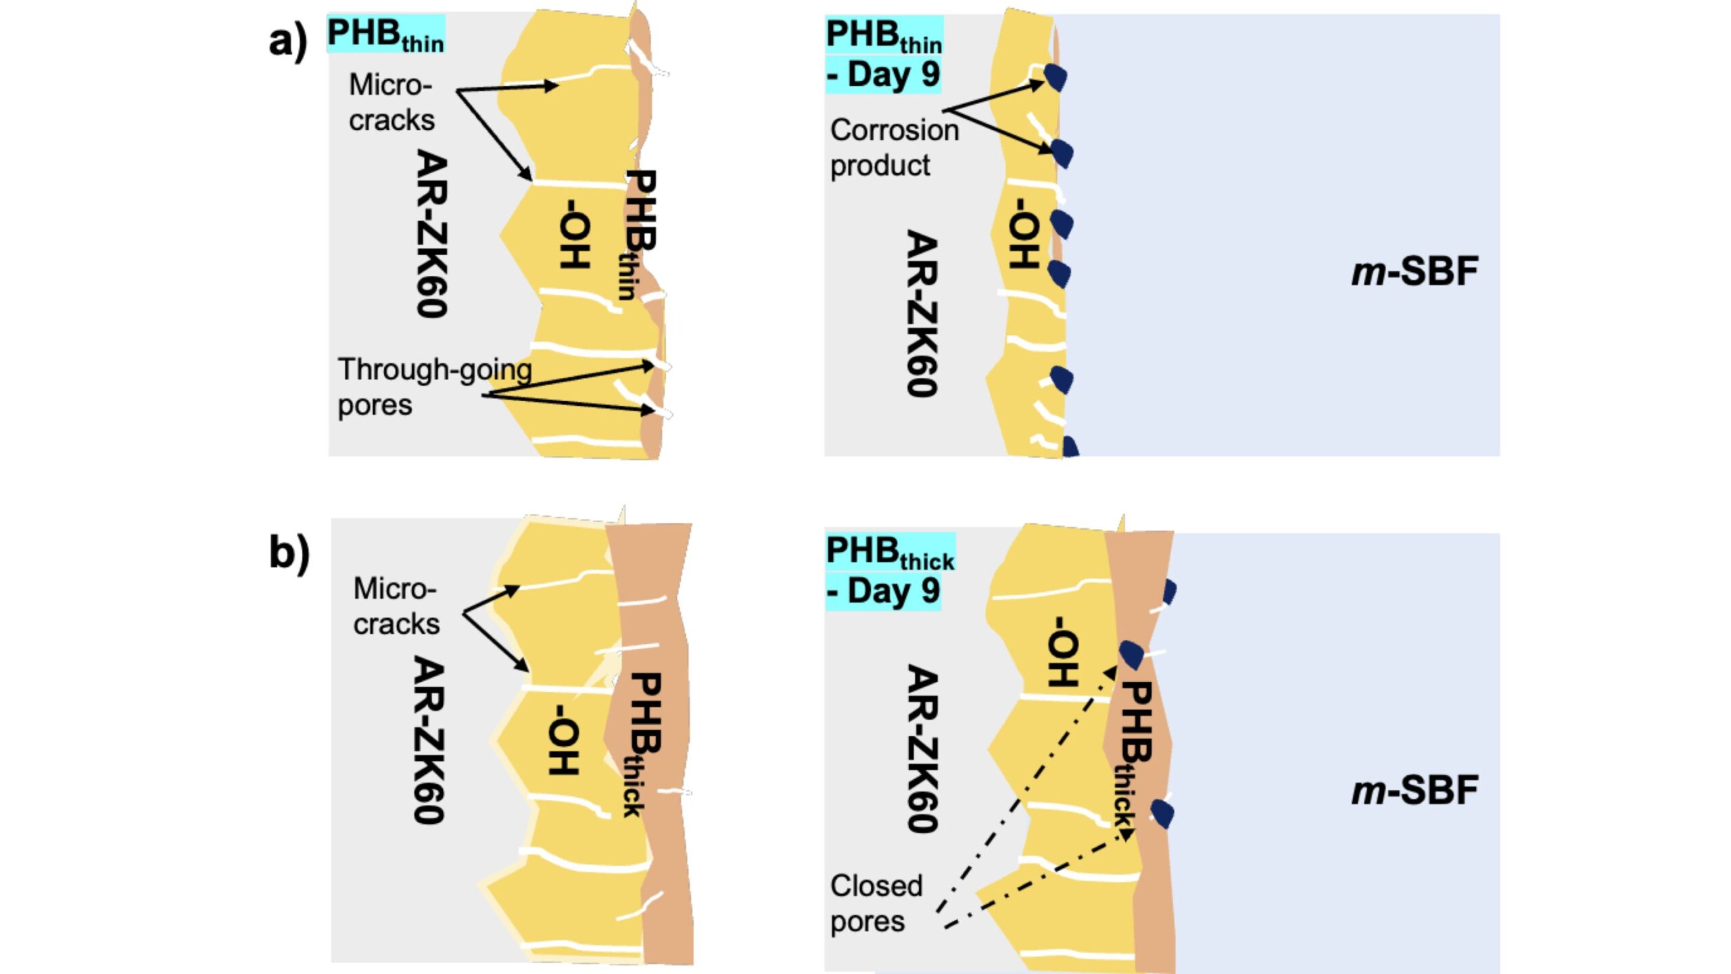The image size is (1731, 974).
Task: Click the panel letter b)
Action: click(289, 553)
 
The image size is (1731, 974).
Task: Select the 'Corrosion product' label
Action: click(894, 147)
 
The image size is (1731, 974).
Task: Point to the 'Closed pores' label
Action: click(876, 904)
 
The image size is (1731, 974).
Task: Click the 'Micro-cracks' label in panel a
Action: click(391, 103)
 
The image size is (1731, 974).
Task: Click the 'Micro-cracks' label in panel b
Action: click(396, 607)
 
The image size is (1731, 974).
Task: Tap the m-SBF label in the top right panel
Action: click(1415, 271)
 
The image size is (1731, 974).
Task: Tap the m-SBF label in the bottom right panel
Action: click(1415, 790)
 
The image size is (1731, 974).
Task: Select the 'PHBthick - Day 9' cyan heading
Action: click(890, 572)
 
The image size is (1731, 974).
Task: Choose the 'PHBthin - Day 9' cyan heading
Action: click(883, 54)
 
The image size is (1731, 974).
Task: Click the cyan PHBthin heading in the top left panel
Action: click(385, 34)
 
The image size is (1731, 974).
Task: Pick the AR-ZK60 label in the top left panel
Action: click(431, 233)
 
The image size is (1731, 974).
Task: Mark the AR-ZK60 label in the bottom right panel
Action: click(922, 748)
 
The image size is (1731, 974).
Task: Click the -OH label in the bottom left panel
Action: click(564, 739)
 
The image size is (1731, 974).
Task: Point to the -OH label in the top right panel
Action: click(1024, 233)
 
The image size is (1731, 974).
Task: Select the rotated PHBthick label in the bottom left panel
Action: click(640, 744)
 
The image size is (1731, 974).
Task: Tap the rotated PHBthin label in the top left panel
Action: click(636, 233)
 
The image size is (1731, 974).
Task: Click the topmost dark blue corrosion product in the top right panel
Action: click(1056, 76)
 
